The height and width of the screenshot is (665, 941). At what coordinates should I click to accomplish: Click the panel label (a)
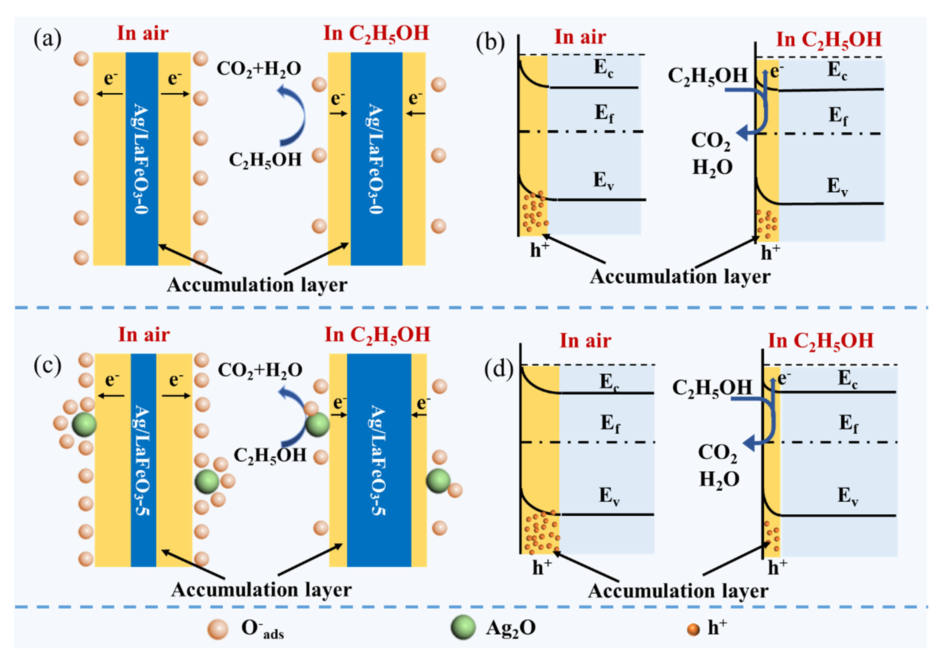[x=48, y=40]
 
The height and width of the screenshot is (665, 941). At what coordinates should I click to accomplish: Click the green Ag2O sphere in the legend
[x=463, y=628]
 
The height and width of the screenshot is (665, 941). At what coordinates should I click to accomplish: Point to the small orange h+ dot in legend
[x=693, y=629]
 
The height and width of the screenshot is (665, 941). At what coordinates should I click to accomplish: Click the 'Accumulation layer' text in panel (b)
[x=680, y=277]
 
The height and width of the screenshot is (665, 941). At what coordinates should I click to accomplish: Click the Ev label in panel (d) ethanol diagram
[x=848, y=496]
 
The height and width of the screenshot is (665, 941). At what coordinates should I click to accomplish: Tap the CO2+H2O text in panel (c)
[x=260, y=370]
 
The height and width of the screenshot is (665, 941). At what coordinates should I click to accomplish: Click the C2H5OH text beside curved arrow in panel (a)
[x=265, y=160]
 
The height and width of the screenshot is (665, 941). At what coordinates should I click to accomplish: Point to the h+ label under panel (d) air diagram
[x=542, y=568]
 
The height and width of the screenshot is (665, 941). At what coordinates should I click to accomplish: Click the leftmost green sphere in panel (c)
[x=84, y=424]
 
